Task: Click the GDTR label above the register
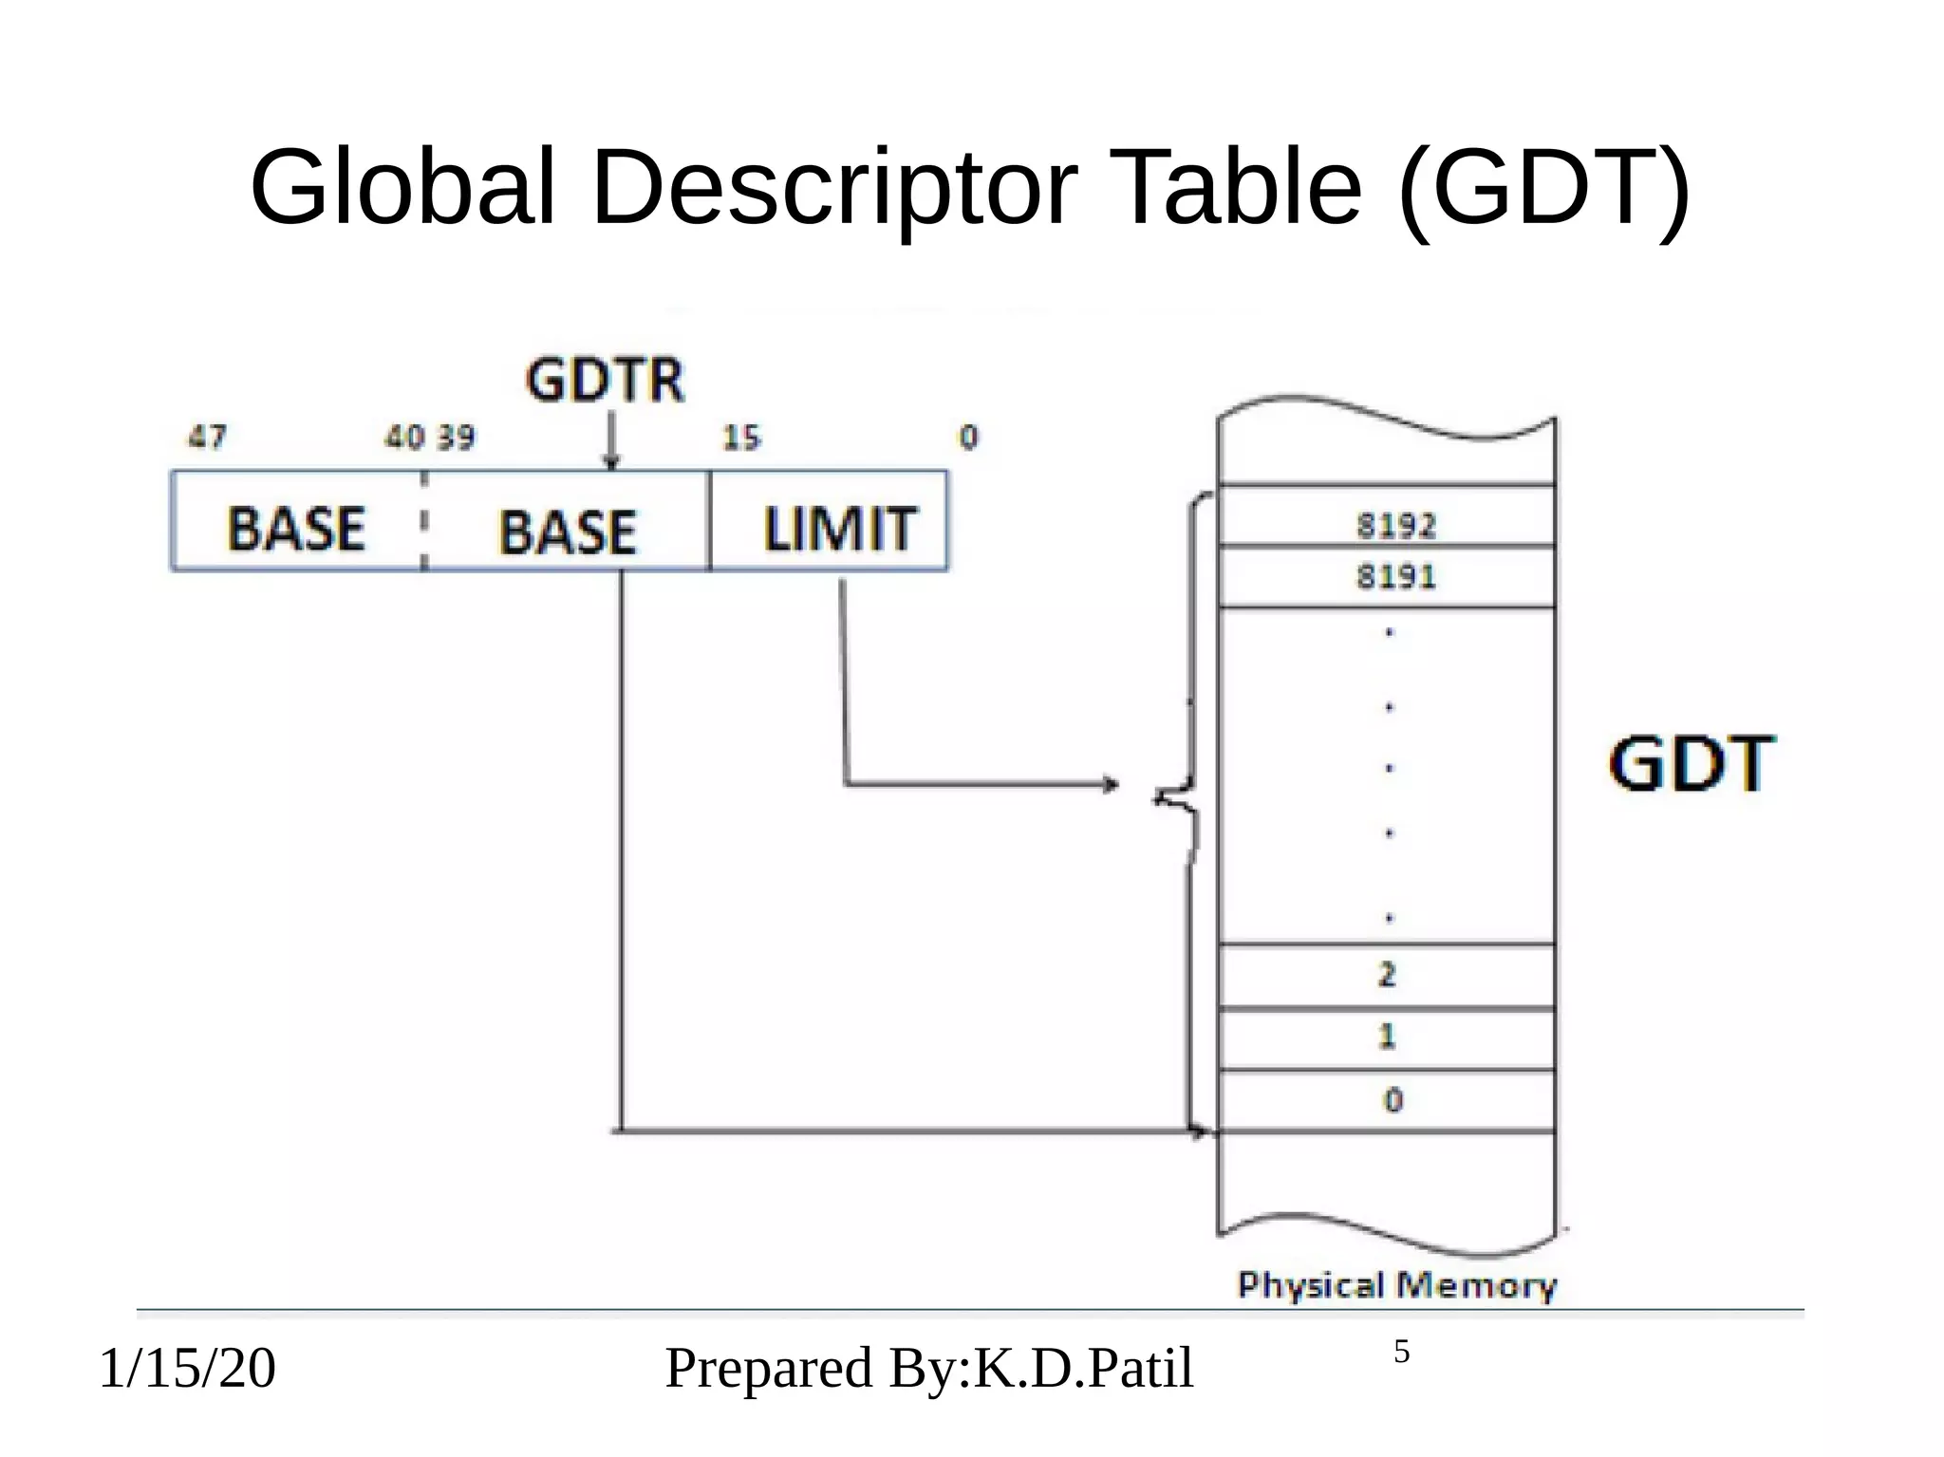click(605, 381)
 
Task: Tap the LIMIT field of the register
click(839, 528)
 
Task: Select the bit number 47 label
click(208, 437)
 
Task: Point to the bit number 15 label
click(741, 438)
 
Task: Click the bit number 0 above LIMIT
click(968, 438)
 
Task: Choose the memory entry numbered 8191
click(1395, 576)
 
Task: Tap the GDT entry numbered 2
click(1387, 975)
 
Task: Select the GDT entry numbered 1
click(1387, 1036)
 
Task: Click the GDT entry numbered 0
click(1393, 1100)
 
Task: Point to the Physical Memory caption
click(1396, 1285)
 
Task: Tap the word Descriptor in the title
click(833, 187)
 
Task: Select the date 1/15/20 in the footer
click(187, 1368)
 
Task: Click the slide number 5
click(1401, 1352)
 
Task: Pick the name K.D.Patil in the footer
click(1083, 1368)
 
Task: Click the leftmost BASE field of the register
click(296, 528)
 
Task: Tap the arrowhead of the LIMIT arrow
click(1111, 784)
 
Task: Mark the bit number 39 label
click(456, 438)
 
